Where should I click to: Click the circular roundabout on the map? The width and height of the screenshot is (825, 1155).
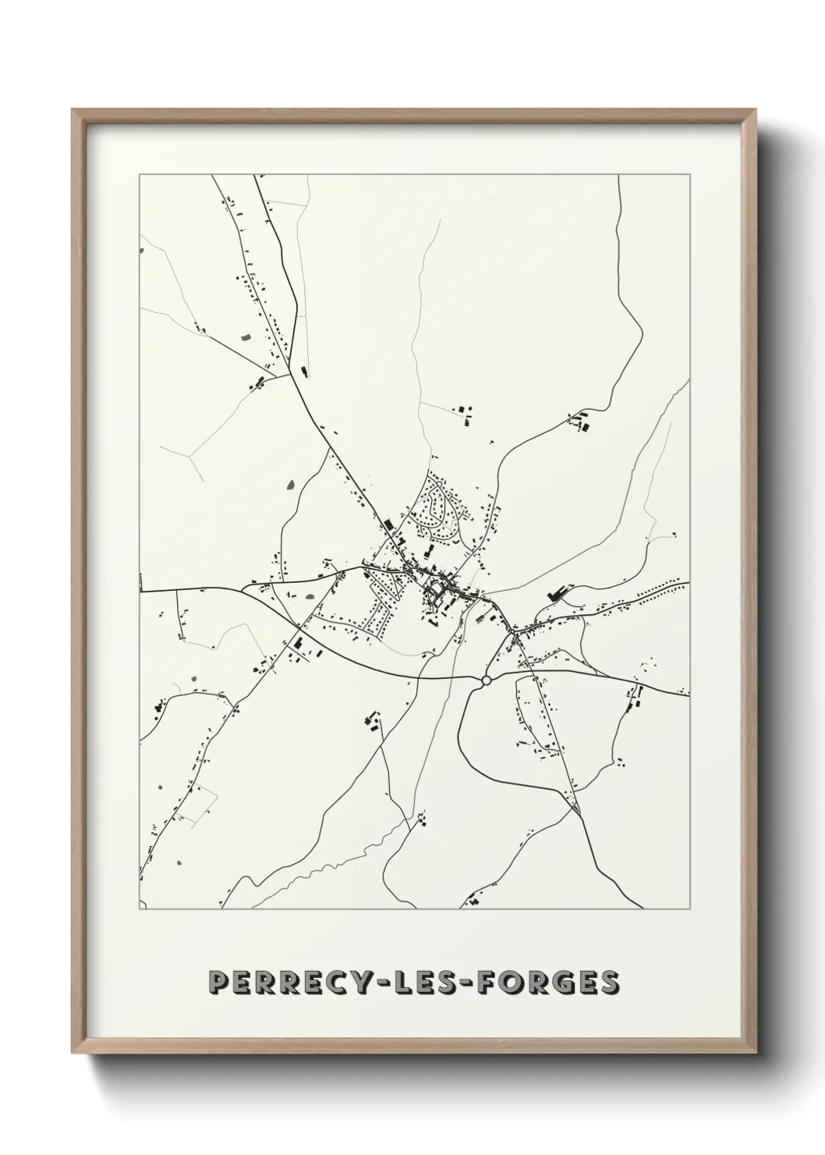pos(486,681)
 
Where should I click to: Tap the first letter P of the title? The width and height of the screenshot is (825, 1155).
pos(220,984)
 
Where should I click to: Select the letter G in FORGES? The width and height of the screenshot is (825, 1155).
pos(572,984)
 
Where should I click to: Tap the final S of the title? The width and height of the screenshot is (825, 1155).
pos(611,984)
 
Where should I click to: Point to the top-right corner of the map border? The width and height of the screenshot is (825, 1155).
pos(689,175)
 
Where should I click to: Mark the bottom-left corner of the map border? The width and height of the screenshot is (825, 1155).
pos(140,909)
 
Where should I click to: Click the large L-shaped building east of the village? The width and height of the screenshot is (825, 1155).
pos(557,592)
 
